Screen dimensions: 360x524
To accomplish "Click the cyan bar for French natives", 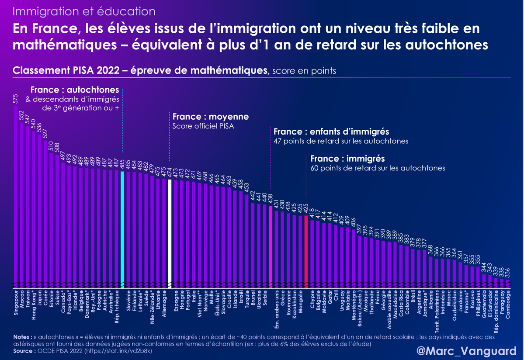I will [x=122, y=227].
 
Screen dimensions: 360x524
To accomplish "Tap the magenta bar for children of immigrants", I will [x=271, y=245].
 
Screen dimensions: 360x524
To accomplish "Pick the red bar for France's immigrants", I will [x=306, y=249].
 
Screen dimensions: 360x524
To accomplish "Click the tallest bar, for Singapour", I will [x=16, y=197].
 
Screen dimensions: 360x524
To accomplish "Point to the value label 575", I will [x=16, y=99].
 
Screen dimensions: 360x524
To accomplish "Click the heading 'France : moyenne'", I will [x=211, y=117].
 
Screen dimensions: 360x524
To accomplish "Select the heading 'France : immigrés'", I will [x=343, y=159].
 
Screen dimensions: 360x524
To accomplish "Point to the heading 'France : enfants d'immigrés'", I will [x=331, y=132].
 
